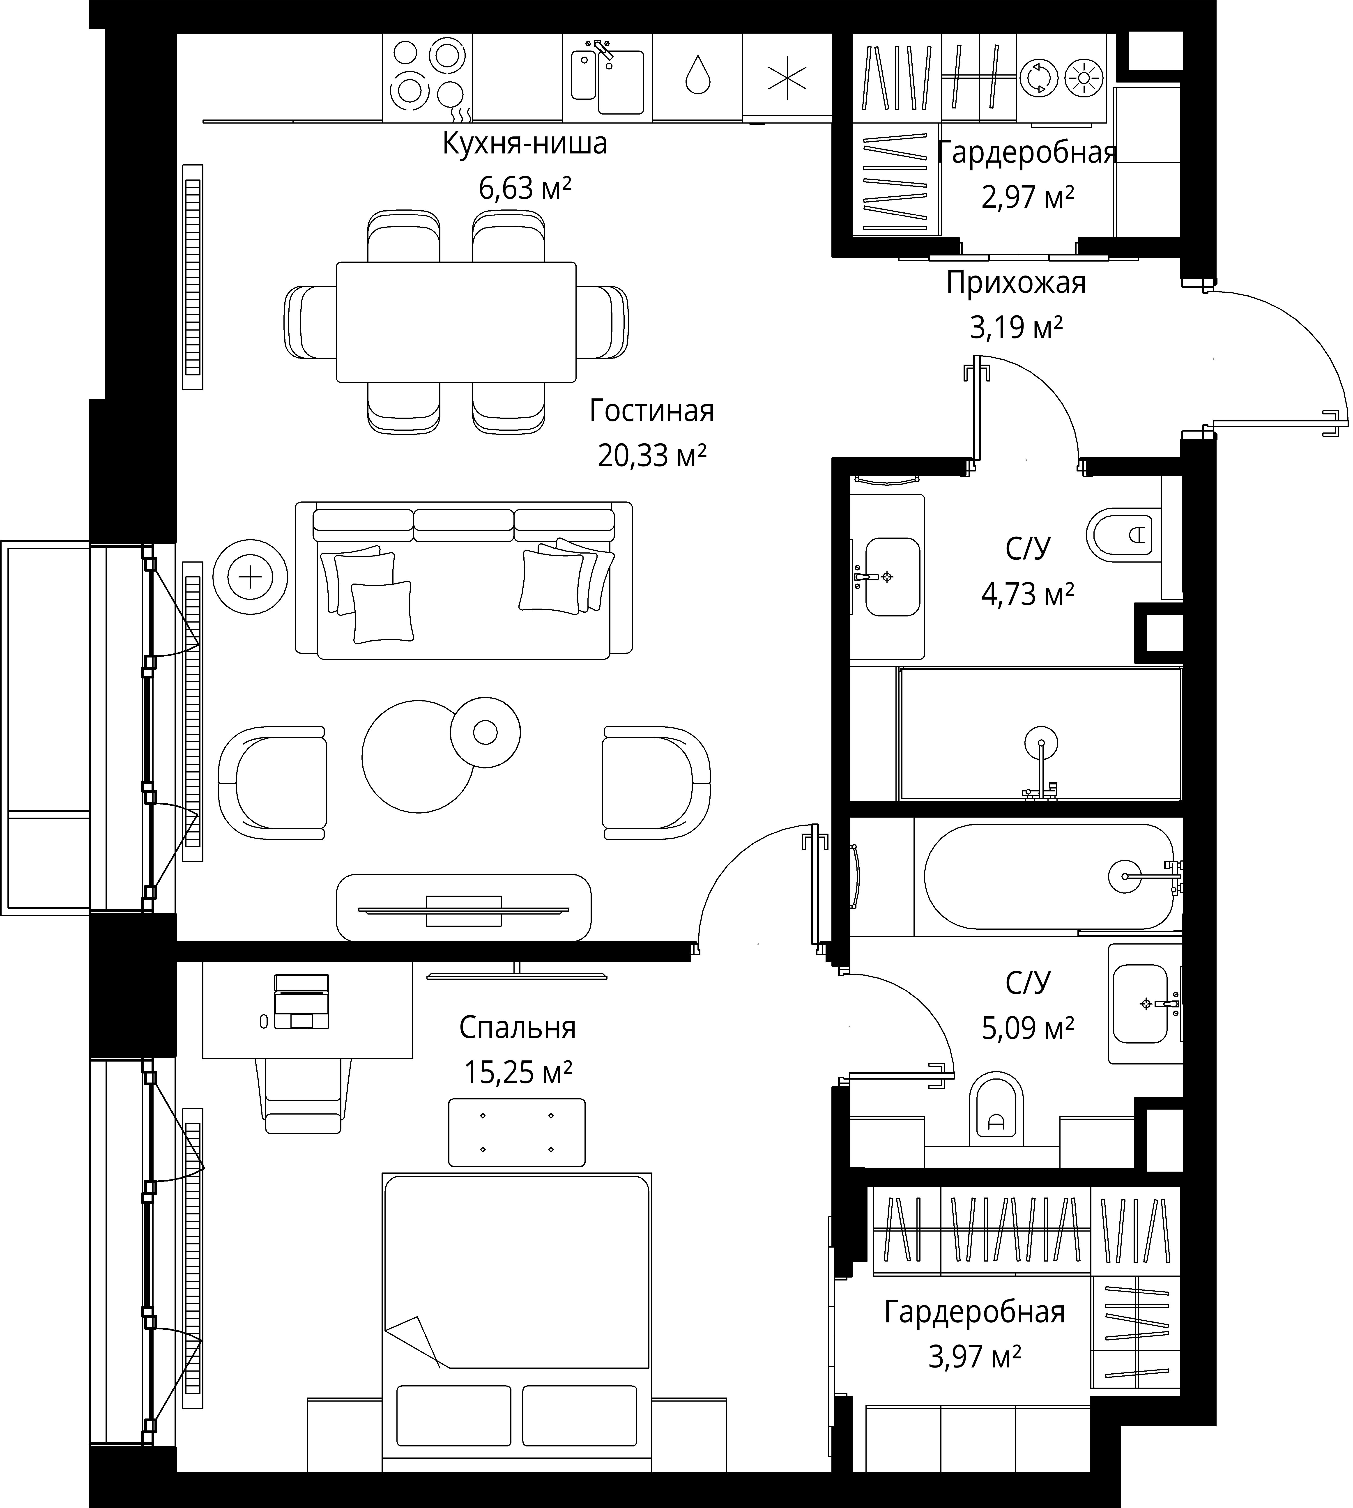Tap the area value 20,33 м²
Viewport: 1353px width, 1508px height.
click(652, 455)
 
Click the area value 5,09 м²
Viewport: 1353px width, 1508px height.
click(1028, 1028)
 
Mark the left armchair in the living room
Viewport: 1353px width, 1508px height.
click(272, 783)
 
